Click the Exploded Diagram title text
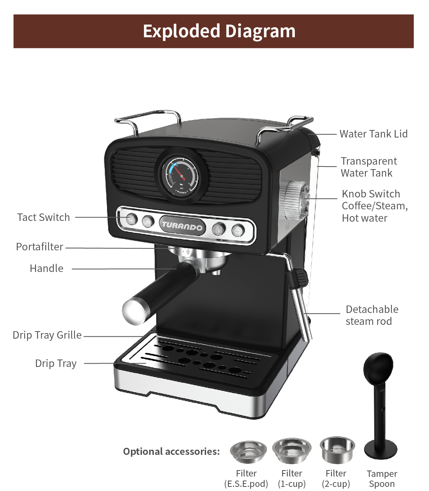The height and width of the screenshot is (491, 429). point(219,31)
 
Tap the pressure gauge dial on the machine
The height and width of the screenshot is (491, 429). point(180,176)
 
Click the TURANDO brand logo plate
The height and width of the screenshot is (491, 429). point(182,226)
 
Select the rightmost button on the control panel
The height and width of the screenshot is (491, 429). point(238,231)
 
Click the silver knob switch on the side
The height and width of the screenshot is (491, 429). point(295,200)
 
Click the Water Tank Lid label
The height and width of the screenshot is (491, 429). point(373,134)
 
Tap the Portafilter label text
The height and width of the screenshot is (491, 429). point(40,247)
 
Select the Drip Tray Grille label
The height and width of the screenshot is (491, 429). point(47,335)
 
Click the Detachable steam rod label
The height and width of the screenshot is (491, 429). point(372,315)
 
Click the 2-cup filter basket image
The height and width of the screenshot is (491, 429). point(337,450)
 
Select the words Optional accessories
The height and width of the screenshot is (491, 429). point(171,452)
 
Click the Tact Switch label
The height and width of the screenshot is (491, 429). point(44,217)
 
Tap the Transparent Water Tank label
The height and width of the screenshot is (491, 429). point(369,167)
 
